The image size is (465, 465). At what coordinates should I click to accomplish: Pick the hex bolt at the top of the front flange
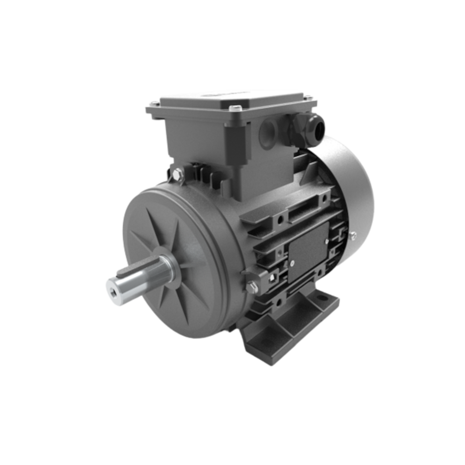pyautogui.click(x=179, y=175)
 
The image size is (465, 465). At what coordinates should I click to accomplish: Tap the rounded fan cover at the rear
pyautogui.click(x=353, y=186)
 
